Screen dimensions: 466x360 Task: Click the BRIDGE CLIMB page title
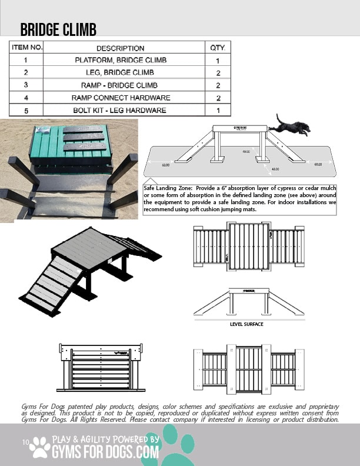coord(58,30)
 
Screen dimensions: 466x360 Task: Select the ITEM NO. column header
coord(26,48)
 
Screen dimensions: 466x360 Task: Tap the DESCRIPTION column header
coord(120,48)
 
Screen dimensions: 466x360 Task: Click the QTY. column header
coord(218,48)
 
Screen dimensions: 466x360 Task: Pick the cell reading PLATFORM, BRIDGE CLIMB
coord(120,60)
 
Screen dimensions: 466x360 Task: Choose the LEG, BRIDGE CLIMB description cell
coord(120,72)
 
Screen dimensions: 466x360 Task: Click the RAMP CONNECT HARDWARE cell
coord(120,98)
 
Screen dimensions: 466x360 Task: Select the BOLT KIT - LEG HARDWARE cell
coord(120,110)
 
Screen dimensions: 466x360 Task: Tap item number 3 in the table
coord(26,85)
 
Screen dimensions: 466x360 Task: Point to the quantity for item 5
coord(218,110)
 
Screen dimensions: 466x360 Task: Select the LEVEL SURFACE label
coord(246,324)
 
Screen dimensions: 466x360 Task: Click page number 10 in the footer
coord(25,442)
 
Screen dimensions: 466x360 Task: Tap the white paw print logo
coord(40,447)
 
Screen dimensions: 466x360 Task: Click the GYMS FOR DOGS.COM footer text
coord(106,452)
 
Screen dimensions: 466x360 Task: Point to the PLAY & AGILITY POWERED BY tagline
coord(106,440)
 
